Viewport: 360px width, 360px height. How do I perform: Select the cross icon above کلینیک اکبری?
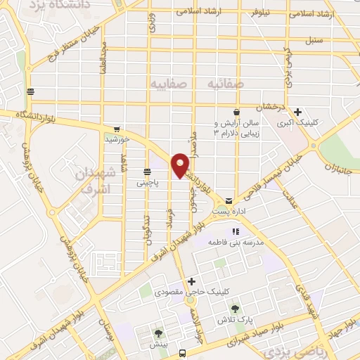pos(299,111)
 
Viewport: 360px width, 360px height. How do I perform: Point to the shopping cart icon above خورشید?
pos(117,129)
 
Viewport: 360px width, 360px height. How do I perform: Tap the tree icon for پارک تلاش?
pos(236,307)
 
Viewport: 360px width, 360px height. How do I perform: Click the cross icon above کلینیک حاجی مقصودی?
pos(191,282)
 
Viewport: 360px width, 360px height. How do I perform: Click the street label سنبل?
pos(314,40)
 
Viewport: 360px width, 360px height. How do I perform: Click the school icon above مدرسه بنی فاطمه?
pos(236,231)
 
